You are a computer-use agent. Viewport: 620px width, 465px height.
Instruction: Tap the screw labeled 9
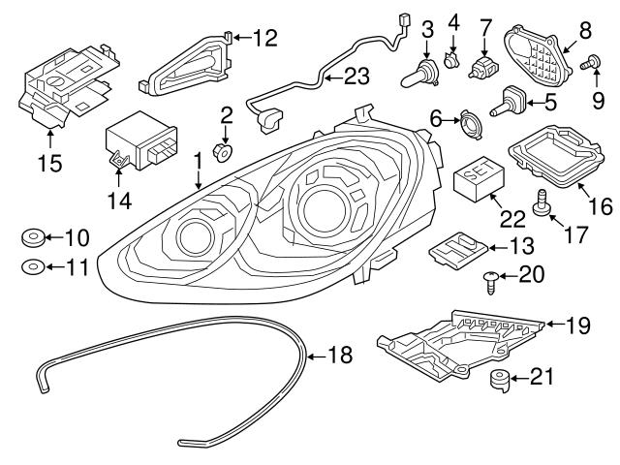pos(586,65)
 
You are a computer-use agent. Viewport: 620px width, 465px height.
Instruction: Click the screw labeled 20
pos(491,280)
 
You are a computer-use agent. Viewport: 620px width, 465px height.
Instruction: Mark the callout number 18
pos(338,356)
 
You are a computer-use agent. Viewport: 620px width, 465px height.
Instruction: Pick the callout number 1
pos(198,157)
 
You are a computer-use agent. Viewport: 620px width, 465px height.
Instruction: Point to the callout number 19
pos(576,326)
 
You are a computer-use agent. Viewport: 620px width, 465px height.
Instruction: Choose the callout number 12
pos(263,39)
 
